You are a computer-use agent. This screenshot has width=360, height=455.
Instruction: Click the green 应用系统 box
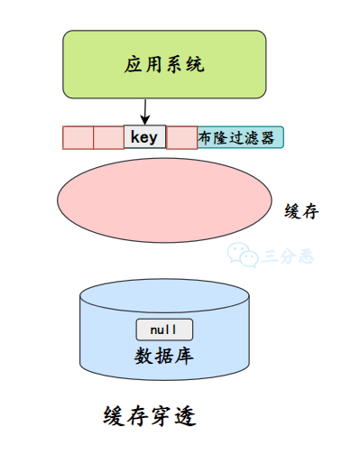coord(164,64)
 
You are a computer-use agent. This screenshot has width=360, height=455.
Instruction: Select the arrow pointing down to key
coord(145,112)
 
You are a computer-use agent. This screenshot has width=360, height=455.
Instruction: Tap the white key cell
coord(144,137)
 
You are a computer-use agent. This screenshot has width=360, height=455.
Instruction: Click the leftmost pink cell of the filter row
coord(78,138)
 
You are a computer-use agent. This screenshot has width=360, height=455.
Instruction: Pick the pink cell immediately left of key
coord(108,138)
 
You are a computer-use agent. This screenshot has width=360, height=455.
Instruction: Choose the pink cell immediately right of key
coord(182,138)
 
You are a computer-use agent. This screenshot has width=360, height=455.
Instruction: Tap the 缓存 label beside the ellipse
coord(301,211)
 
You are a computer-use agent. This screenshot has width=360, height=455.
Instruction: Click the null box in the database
coord(164,330)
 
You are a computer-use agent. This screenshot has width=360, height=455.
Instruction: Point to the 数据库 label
coord(164,352)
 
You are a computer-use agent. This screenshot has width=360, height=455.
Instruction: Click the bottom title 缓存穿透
coord(150,417)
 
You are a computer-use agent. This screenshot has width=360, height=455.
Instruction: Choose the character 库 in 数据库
coord(186,352)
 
